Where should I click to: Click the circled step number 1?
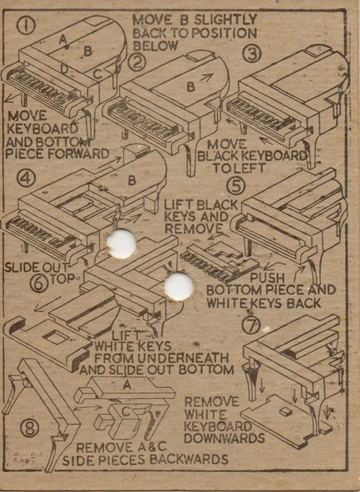click(x=26, y=26)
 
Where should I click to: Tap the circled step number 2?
click(x=137, y=63)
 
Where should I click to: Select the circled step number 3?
click(x=252, y=53)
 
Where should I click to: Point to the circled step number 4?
click(x=26, y=179)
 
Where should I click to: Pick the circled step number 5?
click(x=235, y=186)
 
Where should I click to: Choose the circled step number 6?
click(x=39, y=283)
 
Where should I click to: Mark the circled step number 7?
click(x=252, y=326)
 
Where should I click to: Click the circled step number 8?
click(x=30, y=428)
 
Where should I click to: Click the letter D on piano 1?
click(x=64, y=70)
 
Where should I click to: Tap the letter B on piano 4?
click(x=132, y=180)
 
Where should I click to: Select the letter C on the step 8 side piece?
click(x=126, y=411)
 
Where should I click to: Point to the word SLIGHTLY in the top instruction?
click(x=225, y=20)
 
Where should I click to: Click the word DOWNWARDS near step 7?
click(x=224, y=438)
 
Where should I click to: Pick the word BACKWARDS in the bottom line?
click(x=189, y=460)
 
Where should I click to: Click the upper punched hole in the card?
click(x=121, y=244)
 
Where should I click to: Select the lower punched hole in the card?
click(x=179, y=287)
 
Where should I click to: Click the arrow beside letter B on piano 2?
click(x=207, y=76)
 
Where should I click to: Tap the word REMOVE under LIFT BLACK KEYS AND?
click(x=194, y=229)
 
